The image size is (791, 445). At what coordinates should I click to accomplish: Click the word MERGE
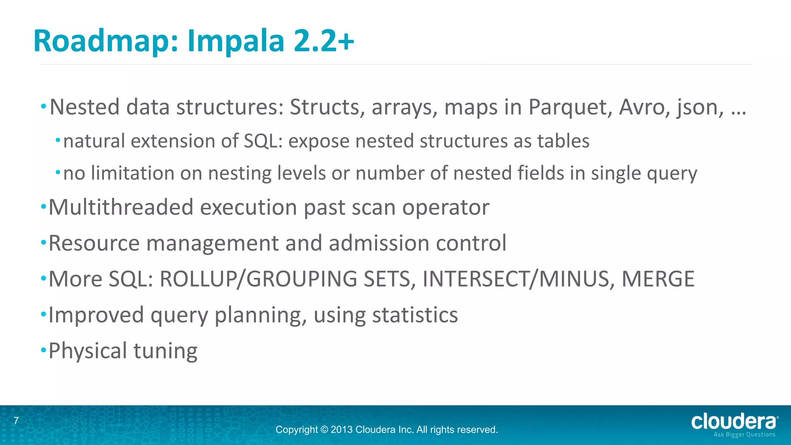pyautogui.click(x=658, y=279)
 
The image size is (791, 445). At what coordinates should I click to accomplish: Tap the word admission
pyautogui.click(x=379, y=243)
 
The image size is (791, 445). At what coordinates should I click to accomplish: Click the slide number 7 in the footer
pyautogui.click(x=16, y=421)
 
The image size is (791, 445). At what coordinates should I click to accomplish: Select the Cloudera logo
pyautogui.click(x=734, y=422)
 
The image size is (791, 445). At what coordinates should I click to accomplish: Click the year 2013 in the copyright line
pyautogui.click(x=341, y=430)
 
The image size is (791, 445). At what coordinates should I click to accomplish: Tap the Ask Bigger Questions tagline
pyautogui.click(x=744, y=435)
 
